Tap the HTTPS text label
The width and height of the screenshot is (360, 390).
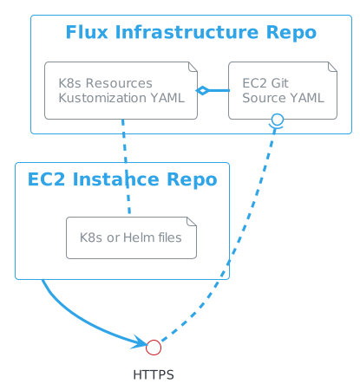pos(154,375)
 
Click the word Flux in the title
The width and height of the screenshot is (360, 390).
pos(87,32)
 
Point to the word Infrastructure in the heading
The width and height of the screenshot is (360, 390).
pos(187,32)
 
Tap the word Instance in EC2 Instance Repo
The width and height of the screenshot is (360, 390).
pos(116,179)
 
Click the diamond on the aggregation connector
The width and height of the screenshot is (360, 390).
pos(202,90)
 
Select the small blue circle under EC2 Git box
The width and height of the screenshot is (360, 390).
pos(278,120)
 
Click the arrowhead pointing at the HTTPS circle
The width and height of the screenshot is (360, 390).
pos(140,342)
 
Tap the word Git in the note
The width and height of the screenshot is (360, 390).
pos(279,83)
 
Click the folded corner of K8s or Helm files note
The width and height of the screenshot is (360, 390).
pos(192,222)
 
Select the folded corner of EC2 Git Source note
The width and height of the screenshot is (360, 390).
pos(332,67)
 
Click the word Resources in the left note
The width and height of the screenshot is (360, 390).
pos(119,83)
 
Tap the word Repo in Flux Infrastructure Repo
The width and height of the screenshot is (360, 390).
pos(291,33)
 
